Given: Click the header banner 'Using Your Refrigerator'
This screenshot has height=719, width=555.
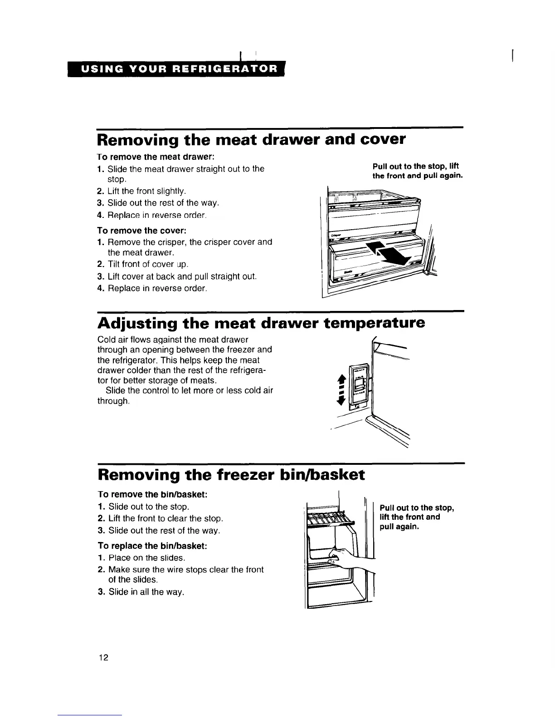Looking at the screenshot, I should (179, 69).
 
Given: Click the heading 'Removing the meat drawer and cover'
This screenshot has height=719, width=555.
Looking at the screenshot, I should (251, 139).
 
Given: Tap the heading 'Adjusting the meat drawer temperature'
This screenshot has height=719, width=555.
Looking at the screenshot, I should (261, 323).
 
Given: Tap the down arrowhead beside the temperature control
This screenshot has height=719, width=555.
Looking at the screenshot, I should (342, 399).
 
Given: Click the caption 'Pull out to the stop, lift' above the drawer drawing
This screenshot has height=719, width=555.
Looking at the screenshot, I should (415, 167).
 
